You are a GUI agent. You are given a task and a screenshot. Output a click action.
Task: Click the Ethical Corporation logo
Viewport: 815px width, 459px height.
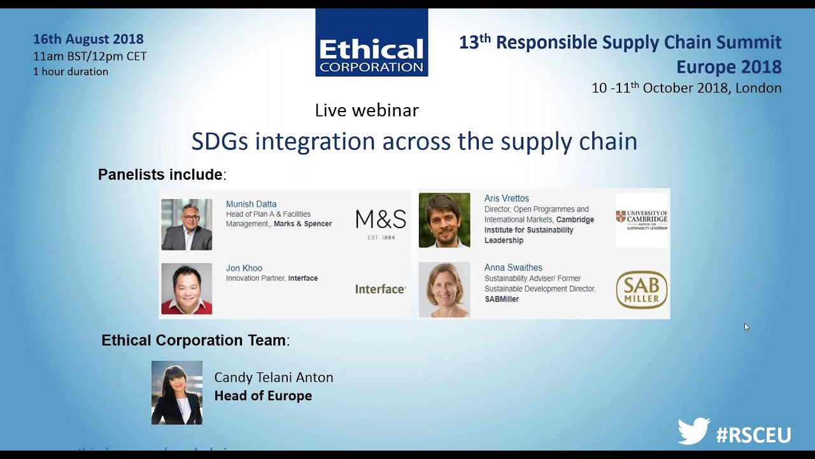tap(371, 43)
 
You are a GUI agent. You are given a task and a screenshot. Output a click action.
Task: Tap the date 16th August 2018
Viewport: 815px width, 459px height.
tap(89, 40)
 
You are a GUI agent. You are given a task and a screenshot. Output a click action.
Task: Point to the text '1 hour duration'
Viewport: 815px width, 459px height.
tap(71, 71)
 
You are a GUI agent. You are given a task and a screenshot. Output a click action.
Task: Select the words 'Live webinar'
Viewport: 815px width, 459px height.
tap(367, 110)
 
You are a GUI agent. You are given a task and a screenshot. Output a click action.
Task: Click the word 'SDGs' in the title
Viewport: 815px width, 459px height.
tap(220, 142)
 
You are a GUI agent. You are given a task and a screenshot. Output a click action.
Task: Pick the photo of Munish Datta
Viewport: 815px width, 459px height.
tap(187, 224)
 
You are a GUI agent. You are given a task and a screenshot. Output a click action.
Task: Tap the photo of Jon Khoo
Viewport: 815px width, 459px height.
tap(187, 289)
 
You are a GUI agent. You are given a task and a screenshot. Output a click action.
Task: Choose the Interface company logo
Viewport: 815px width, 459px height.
tap(380, 289)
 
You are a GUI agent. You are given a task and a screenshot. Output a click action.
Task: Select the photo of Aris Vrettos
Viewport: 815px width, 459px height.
tap(444, 220)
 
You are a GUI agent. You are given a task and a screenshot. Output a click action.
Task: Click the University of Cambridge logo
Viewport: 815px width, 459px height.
tap(642, 219)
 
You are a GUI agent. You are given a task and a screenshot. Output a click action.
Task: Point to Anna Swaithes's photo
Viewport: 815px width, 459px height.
tap(444, 289)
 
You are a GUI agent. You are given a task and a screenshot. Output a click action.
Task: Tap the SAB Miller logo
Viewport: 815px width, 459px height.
tap(642, 289)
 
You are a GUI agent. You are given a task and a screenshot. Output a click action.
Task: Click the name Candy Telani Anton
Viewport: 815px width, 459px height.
tap(274, 377)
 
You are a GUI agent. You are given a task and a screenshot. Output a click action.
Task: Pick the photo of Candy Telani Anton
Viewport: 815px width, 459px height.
tap(177, 393)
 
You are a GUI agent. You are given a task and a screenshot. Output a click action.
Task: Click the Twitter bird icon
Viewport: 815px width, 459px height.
tap(693, 432)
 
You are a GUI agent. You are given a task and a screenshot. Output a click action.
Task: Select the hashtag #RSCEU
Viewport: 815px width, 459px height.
tap(753, 435)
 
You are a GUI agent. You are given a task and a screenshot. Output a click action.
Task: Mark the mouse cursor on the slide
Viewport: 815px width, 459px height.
tap(746, 326)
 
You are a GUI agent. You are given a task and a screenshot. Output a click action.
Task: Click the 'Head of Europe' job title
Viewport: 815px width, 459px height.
tap(263, 396)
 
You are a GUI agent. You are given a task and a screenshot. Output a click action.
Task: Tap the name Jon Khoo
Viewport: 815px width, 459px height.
tap(244, 268)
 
